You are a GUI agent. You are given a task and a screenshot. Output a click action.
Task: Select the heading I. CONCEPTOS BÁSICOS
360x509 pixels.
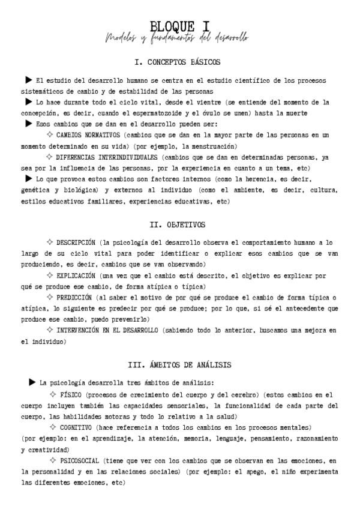178,62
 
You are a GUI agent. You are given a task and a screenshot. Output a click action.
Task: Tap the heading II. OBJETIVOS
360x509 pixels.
177,225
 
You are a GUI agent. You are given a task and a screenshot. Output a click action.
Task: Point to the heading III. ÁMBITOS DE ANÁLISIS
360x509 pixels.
180,364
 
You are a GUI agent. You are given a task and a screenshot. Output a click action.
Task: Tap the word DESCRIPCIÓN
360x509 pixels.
76,242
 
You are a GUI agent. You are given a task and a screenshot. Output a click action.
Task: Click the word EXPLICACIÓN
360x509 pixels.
76,276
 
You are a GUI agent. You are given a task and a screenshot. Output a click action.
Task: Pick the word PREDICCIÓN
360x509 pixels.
74,297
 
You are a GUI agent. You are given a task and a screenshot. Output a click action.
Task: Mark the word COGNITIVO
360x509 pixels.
76,427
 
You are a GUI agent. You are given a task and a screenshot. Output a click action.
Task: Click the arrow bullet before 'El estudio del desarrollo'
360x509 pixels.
28,80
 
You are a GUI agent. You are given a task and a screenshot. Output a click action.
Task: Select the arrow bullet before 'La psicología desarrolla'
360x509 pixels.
32,382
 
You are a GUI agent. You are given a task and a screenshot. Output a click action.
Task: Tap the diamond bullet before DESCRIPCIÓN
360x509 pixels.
49,242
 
